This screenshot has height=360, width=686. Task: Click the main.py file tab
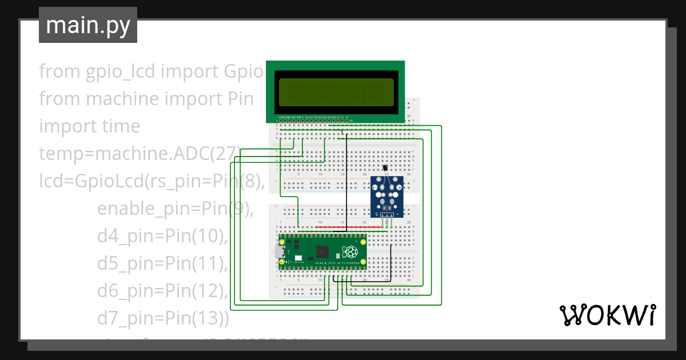click(87, 25)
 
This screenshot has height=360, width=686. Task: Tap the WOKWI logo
click(607, 315)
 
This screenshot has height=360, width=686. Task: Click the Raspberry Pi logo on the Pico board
click(349, 251)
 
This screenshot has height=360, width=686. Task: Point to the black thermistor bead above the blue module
click(386, 168)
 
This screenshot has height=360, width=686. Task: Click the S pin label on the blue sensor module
click(377, 214)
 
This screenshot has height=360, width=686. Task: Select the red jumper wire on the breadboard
click(341, 227)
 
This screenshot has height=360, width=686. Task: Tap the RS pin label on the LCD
click(294, 117)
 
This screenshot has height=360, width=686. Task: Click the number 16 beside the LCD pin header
click(351, 121)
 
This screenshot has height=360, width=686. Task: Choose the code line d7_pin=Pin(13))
click(163, 318)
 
